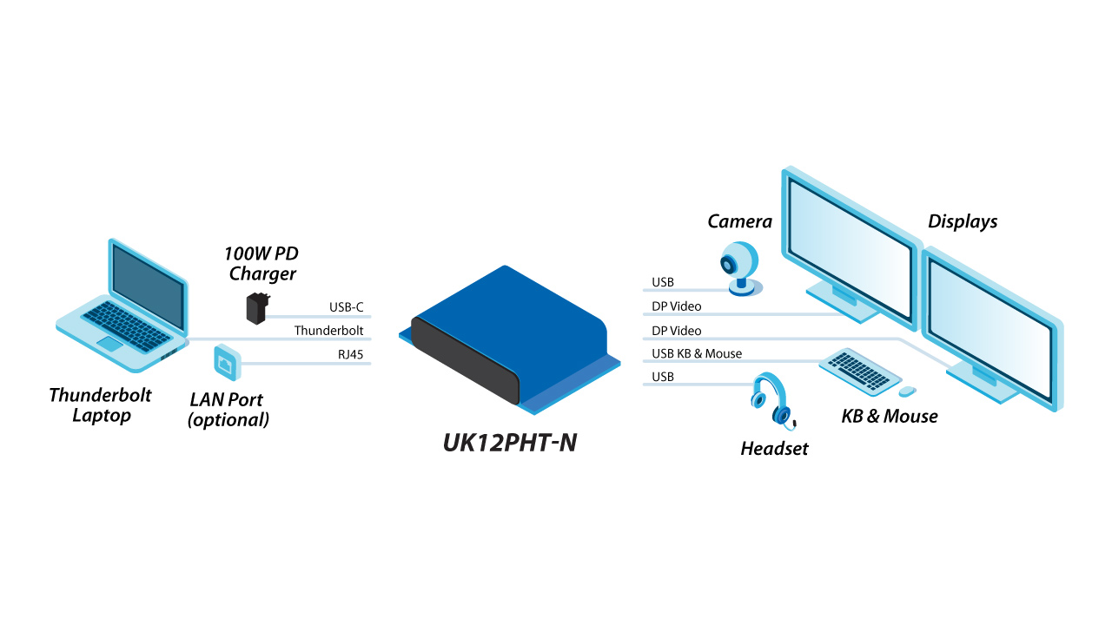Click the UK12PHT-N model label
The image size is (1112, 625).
tap(510, 443)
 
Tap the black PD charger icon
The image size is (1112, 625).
tap(257, 308)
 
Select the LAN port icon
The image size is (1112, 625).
tap(228, 363)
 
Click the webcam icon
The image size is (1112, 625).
tap(741, 268)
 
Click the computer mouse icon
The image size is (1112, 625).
tap(907, 391)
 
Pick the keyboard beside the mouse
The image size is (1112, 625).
tap(860, 372)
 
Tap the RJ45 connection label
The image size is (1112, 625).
tap(350, 354)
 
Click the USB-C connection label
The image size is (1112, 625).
tap(346, 307)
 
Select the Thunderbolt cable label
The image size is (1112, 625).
tap(328, 331)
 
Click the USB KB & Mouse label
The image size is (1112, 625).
tap(697, 353)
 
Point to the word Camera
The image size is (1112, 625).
tap(739, 221)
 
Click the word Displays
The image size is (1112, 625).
tap(963, 221)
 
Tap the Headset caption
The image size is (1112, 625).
tap(774, 449)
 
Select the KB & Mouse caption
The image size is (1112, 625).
tap(890, 416)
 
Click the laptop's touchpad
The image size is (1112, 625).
tap(109, 343)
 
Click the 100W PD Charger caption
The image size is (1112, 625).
tap(261, 263)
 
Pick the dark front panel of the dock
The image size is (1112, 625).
tap(465, 360)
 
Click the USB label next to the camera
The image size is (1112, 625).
tap(663, 282)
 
